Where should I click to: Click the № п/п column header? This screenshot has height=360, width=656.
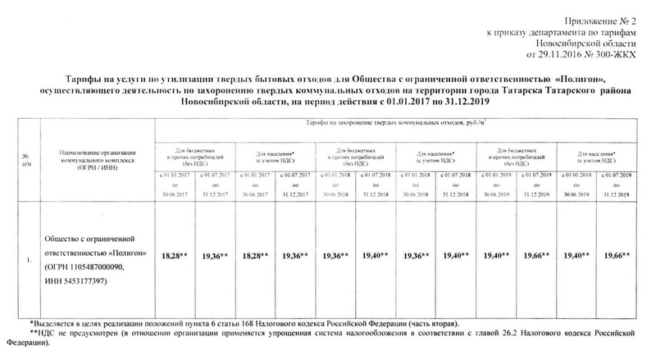tap(28, 160)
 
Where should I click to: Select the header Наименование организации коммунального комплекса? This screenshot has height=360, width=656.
tap(97, 160)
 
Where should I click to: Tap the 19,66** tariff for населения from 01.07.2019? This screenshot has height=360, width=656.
tap(615, 256)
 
